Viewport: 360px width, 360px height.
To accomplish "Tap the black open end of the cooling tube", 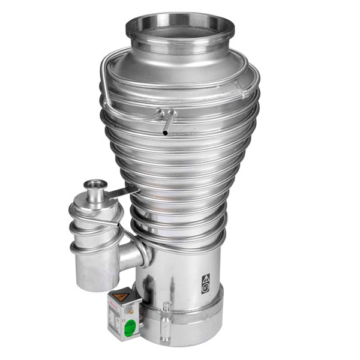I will point(165,133).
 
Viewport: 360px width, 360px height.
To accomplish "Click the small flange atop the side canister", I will point(95,185).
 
